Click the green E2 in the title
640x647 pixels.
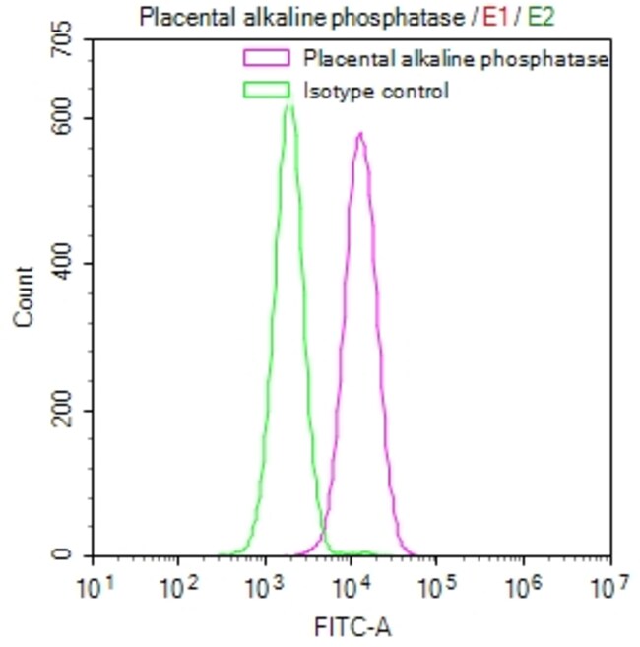tap(543, 17)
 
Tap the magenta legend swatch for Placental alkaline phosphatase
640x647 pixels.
tap(267, 59)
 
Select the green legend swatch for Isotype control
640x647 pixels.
tap(267, 92)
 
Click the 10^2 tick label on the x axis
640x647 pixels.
tap(178, 590)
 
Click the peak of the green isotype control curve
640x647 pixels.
tap(288, 105)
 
